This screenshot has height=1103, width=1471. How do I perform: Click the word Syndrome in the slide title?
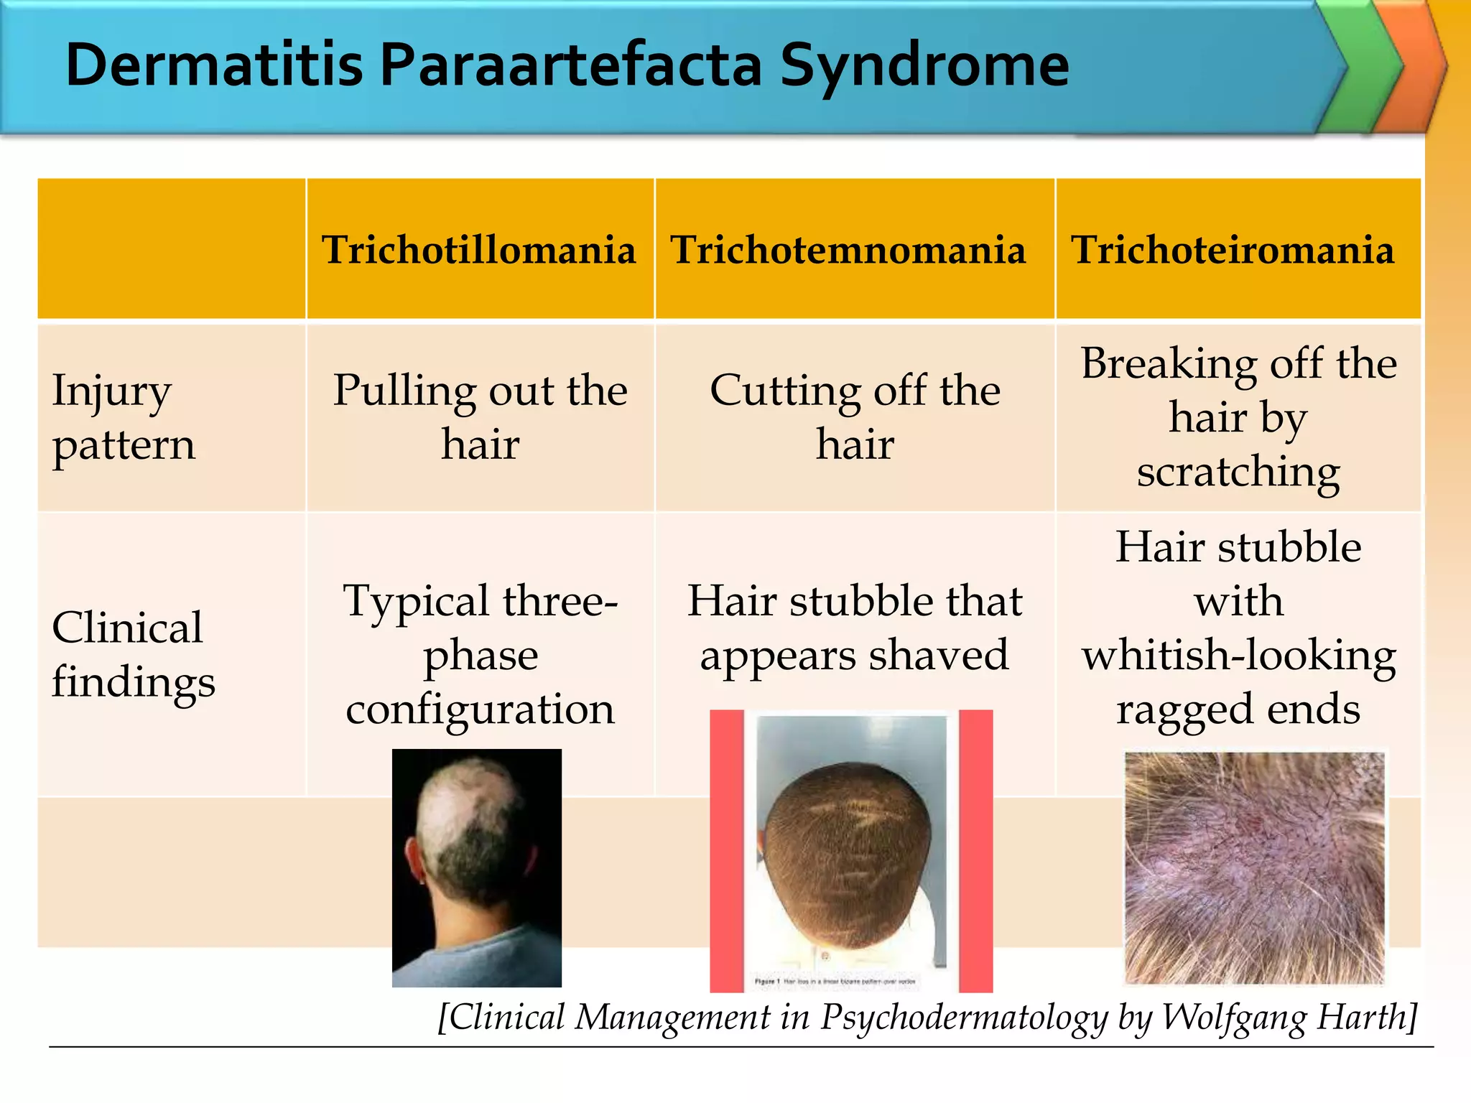click(x=924, y=66)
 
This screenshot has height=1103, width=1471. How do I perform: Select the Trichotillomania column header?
click(x=479, y=250)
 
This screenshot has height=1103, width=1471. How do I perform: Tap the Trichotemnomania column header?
click(x=848, y=250)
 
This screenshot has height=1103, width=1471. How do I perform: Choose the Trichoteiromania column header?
click(x=1233, y=250)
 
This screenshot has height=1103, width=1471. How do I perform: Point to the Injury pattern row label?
click(x=124, y=417)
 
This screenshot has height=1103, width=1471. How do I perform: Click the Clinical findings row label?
click(x=133, y=654)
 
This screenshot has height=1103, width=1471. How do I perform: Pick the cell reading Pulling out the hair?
click(x=480, y=417)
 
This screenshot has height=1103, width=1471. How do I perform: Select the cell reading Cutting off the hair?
click(x=855, y=417)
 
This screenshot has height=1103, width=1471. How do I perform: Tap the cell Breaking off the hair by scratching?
click(x=1238, y=417)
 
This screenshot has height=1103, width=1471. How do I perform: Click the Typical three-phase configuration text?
click(x=480, y=654)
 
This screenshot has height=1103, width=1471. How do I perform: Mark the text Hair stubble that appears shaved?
click(x=855, y=628)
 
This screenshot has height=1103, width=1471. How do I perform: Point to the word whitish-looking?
click(x=1239, y=655)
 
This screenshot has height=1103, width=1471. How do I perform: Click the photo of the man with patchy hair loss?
click(x=477, y=867)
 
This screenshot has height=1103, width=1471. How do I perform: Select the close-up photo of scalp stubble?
click(x=1254, y=867)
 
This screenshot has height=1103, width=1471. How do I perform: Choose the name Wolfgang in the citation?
click(x=1233, y=1018)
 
